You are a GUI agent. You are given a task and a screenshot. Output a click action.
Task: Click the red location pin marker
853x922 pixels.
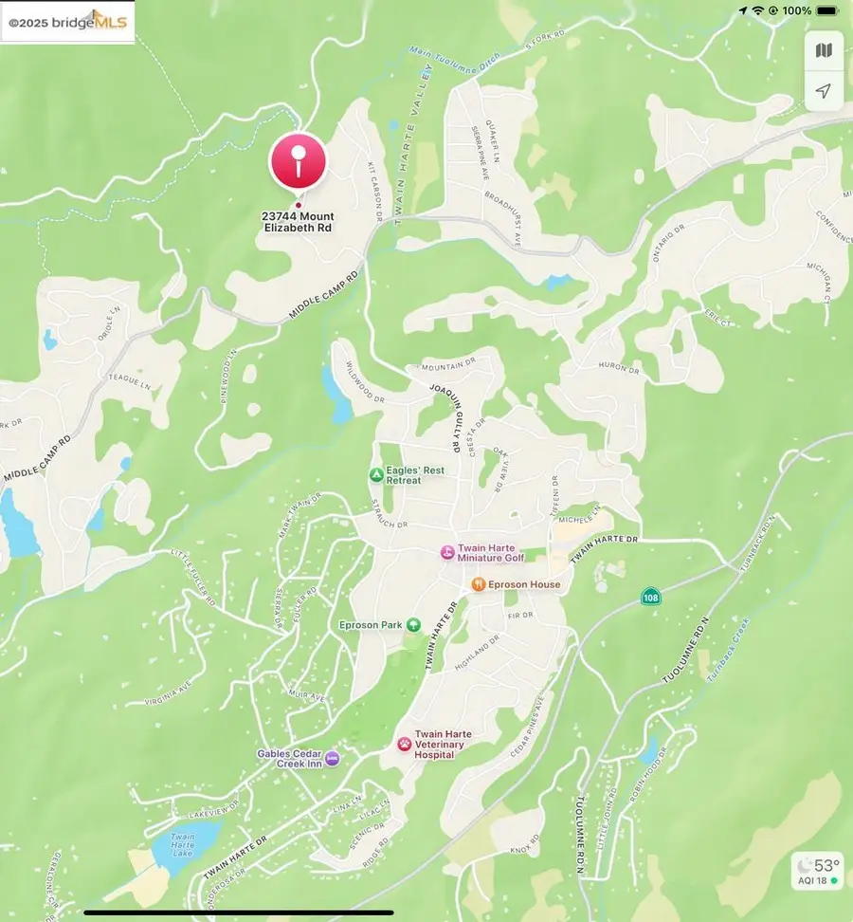[x=299, y=161]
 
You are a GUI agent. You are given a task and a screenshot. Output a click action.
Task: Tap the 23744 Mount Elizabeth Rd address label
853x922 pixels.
[x=298, y=223]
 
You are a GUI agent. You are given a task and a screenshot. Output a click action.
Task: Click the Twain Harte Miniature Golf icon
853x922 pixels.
[x=446, y=552]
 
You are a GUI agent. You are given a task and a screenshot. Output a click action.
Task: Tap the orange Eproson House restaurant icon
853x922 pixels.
[x=479, y=584]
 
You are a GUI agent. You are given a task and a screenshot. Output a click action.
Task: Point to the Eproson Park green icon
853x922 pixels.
[x=413, y=625]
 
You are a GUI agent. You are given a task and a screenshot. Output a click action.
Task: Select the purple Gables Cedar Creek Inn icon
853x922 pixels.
[x=332, y=758]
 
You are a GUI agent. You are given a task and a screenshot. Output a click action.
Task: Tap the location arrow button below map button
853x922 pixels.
[x=824, y=91]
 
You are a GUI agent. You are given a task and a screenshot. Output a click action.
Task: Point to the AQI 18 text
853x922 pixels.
[x=812, y=881]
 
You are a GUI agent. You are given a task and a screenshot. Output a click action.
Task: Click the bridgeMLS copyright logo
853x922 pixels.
[x=68, y=22]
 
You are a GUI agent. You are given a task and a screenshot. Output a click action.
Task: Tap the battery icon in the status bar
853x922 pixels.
[x=826, y=10]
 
